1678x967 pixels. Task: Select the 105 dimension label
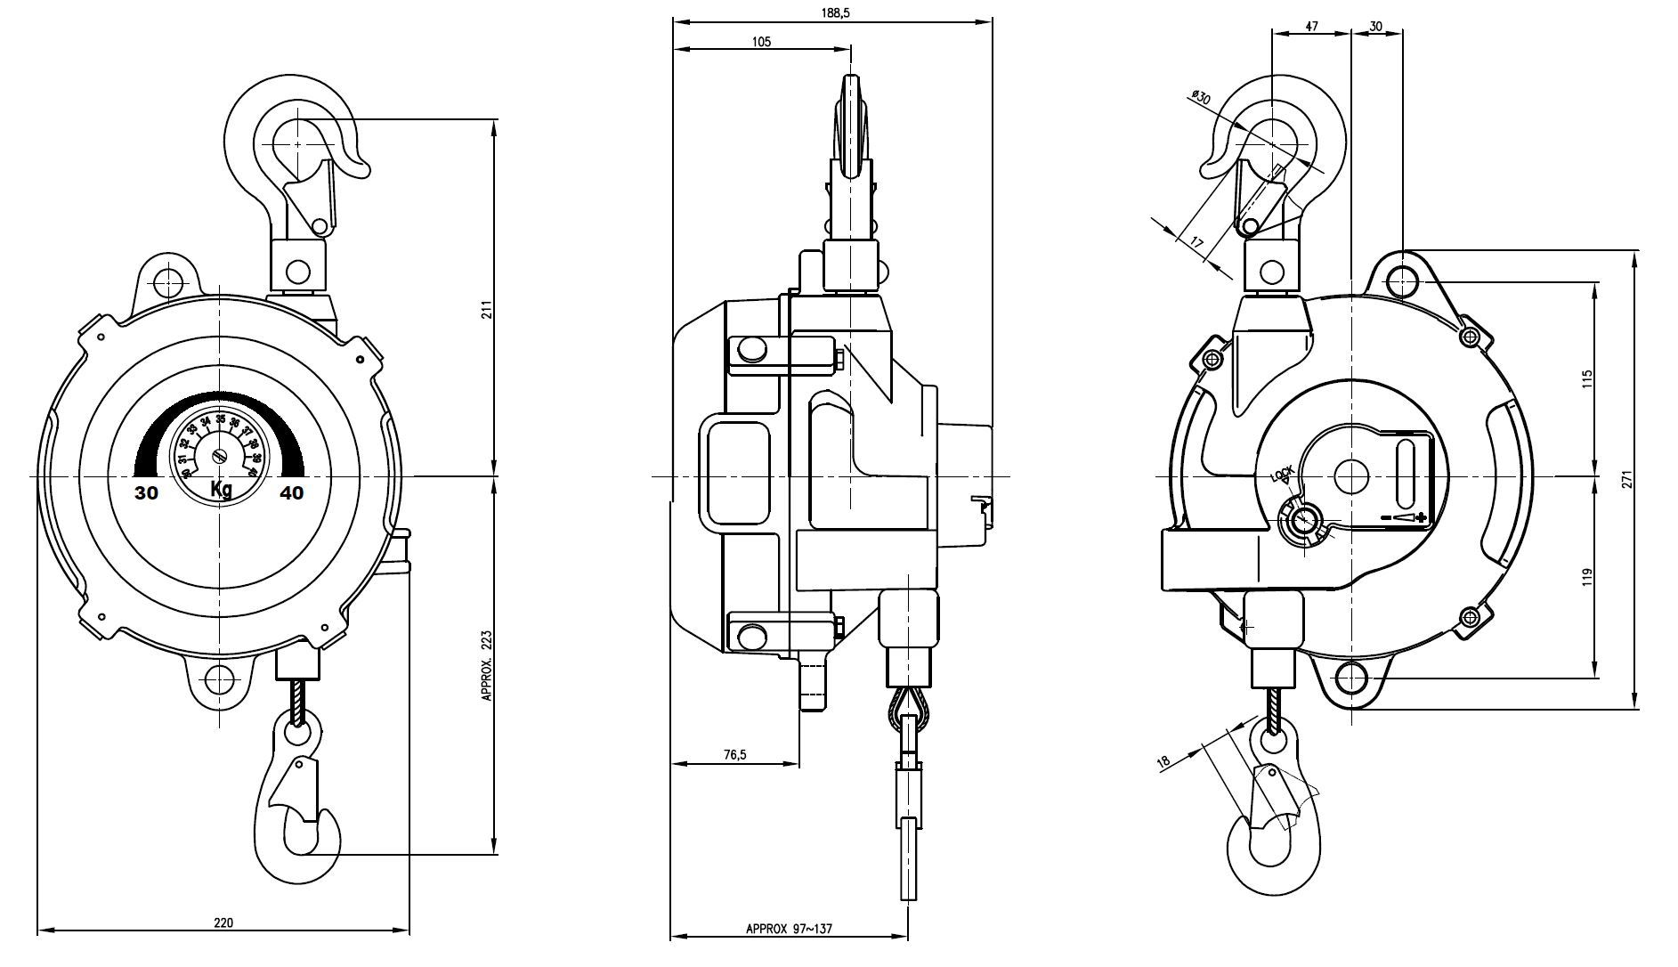761,41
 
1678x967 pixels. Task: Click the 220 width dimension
224,923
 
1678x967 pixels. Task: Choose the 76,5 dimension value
734,754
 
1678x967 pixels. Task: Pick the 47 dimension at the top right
1311,27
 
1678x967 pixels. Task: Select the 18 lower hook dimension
1162,761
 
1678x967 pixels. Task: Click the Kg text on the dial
222,489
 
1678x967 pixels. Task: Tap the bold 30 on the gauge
147,492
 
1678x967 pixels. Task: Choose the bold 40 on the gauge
291,492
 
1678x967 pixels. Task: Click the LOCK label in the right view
1282,475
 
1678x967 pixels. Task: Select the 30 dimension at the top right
1375,27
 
